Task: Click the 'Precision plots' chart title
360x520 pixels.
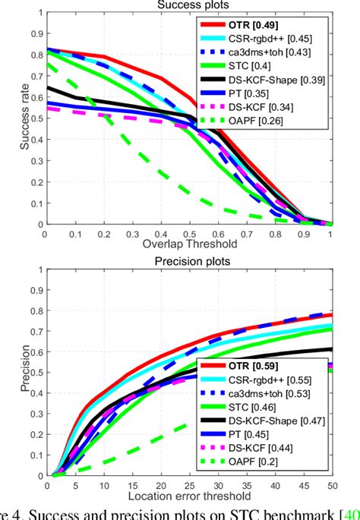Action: pyautogui.click(x=188, y=260)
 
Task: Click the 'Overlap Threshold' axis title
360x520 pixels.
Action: pyautogui.click(x=188, y=244)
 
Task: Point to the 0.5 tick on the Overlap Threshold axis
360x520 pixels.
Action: pyautogui.click(x=188, y=234)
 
